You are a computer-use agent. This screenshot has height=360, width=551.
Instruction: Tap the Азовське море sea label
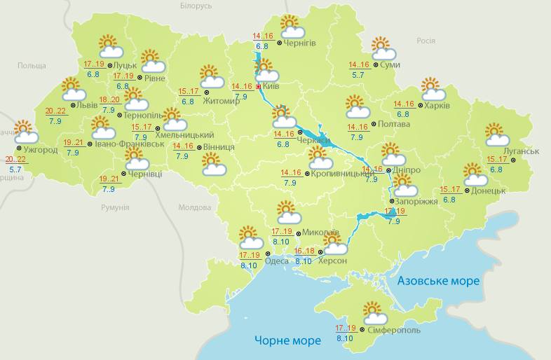coord(438,281)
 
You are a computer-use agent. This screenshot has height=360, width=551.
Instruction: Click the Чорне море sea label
coord(287,340)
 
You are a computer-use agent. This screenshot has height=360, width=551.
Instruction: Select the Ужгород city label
coord(40,150)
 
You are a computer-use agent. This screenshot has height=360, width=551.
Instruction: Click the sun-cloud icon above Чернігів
coord(292,26)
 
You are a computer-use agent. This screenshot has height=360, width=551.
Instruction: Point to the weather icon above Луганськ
coord(497,134)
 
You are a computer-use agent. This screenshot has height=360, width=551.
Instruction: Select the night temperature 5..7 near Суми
coord(358,75)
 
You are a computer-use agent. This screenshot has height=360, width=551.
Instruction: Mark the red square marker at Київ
coord(258,87)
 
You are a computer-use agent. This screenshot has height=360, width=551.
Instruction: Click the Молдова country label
coord(194,208)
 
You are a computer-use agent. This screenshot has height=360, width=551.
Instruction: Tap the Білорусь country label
coord(196,6)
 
